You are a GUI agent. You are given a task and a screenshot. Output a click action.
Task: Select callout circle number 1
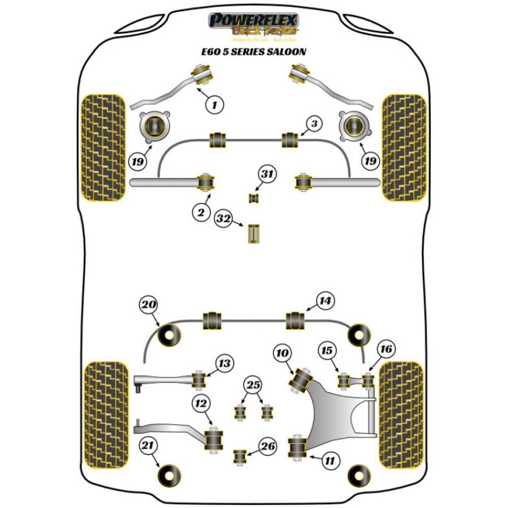tap(214, 105)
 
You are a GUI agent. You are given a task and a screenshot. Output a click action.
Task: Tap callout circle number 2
tap(201, 213)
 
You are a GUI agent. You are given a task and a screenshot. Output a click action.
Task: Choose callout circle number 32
tap(224, 219)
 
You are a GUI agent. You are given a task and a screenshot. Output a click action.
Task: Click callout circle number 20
tap(148, 306)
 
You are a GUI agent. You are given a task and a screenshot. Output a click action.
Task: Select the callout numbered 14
tap(325, 301)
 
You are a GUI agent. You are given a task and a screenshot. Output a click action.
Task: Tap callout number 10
tap(282, 352)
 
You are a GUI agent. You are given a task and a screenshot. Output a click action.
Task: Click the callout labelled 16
tap(386, 349)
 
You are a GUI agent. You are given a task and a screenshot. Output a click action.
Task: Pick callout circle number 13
tap(224, 363)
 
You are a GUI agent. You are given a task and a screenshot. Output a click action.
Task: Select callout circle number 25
tap(252, 385)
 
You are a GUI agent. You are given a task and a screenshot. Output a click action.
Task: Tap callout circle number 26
tap(268, 447)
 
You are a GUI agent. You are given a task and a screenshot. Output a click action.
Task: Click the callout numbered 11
tap(330, 461)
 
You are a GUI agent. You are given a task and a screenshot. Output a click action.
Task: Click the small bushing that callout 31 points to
tap(253, 197)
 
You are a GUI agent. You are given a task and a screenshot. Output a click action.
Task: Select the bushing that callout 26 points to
tap(239, 456)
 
